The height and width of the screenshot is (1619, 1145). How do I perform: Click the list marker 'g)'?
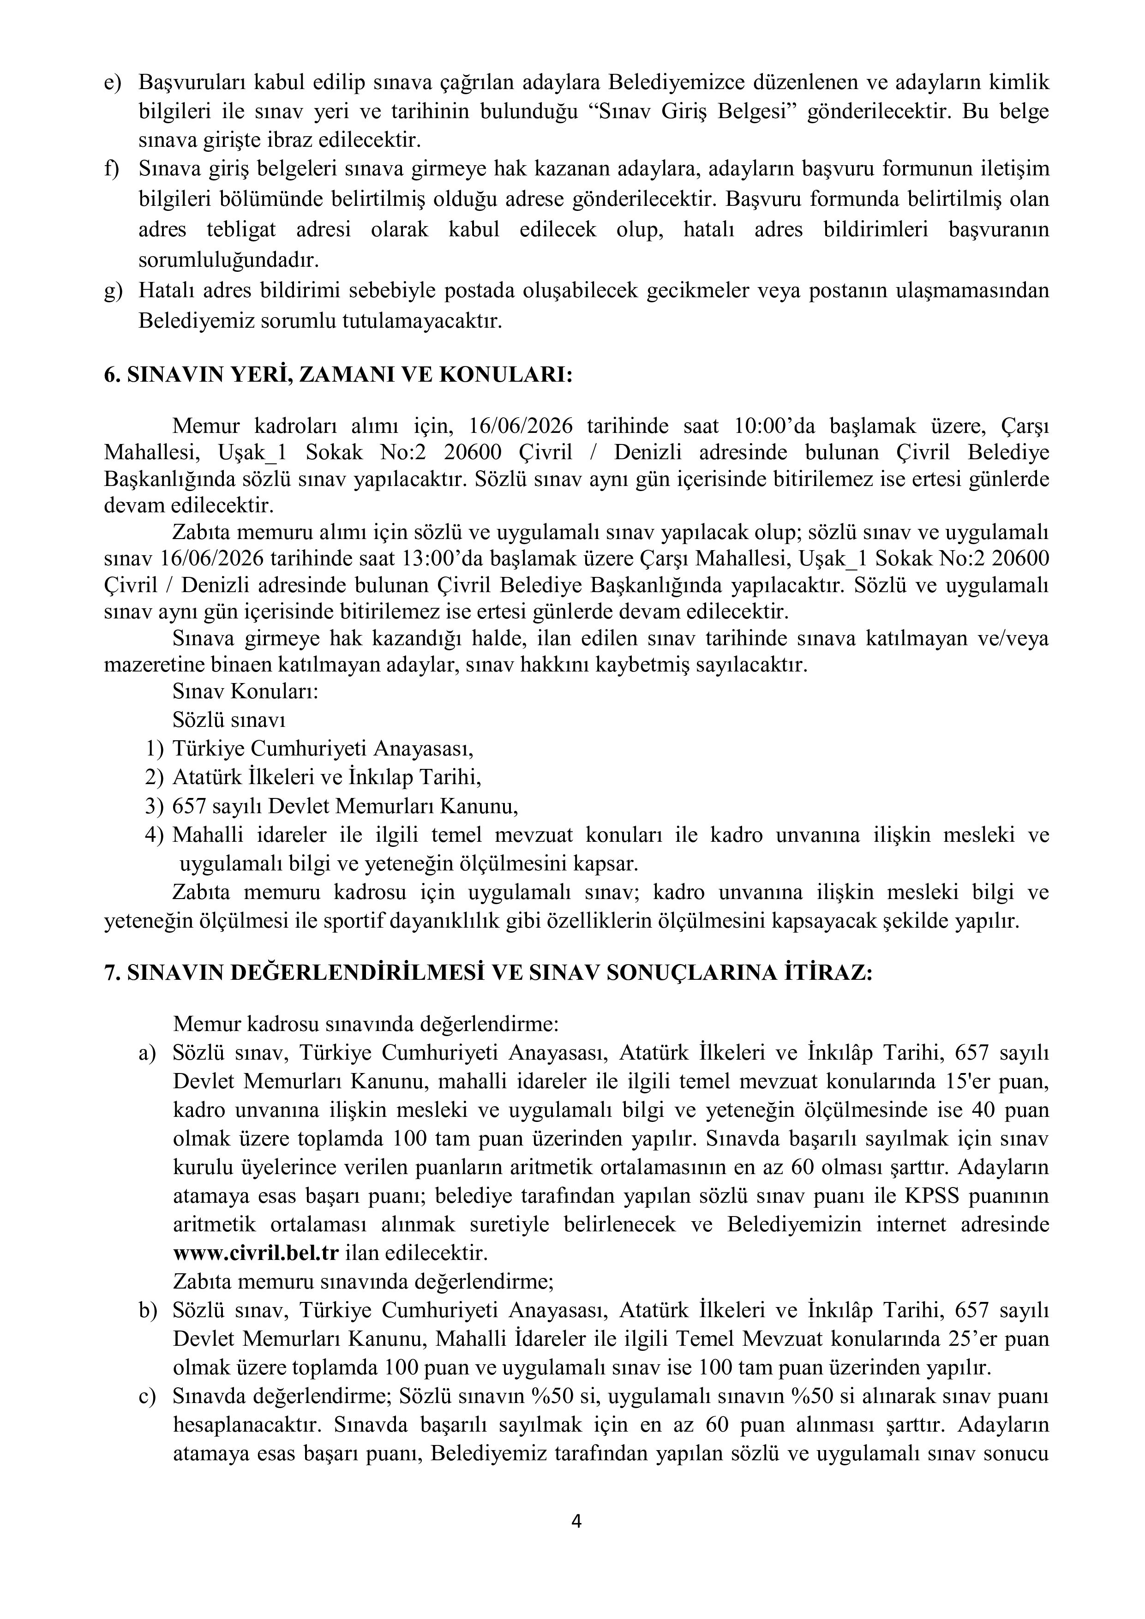113,290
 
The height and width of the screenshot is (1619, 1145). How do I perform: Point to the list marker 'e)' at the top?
113,83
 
